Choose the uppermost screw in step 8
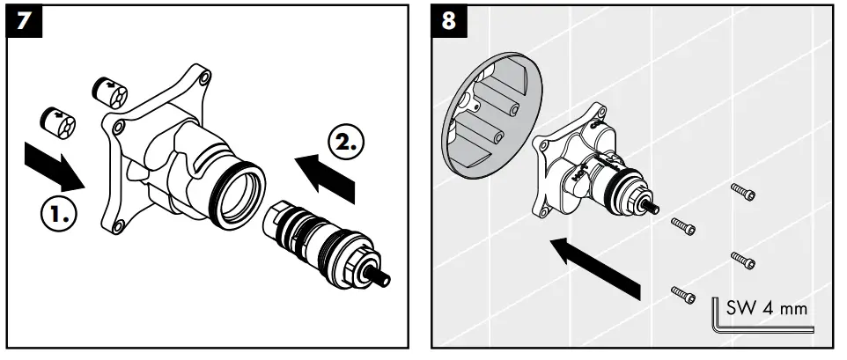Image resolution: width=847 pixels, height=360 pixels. [x=743, y=192]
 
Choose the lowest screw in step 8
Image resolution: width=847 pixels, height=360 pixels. [x=684, y=293]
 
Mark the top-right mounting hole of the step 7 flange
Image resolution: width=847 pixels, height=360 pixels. [x=205, y=77]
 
